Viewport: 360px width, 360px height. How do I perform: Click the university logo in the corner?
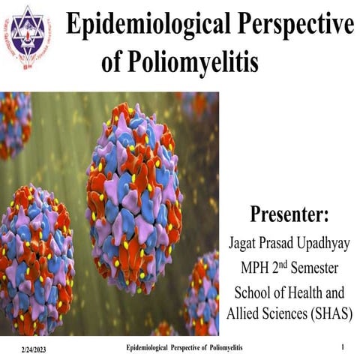tap(25, 37)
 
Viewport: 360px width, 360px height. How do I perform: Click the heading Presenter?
tap(289, 213)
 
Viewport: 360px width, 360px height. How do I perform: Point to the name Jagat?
tap(241, 243)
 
